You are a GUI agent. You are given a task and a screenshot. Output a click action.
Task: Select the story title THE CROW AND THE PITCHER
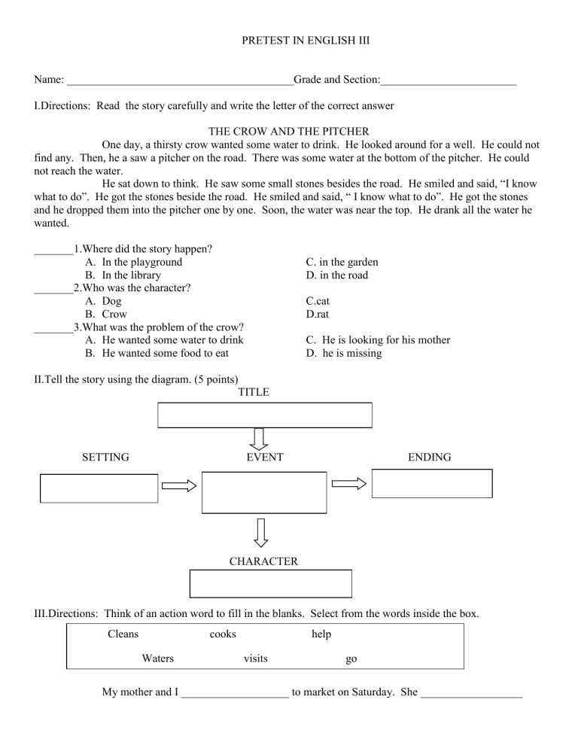288,131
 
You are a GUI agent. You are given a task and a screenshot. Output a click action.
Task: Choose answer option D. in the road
336,275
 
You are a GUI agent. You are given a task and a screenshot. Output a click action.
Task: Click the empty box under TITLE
264,415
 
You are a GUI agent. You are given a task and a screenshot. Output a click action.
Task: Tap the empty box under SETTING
99,488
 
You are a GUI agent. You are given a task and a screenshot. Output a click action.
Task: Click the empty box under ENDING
432,483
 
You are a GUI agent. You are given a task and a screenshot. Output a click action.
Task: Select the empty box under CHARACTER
270,583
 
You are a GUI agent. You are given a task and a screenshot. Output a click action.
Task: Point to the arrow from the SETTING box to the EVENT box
179,487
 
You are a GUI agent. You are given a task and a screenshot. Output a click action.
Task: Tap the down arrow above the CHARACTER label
260,532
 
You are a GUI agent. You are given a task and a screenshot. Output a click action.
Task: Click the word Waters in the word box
157,658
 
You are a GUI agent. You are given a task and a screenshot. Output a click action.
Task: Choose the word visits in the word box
256,658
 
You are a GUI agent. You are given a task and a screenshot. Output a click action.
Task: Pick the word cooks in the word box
222,634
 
